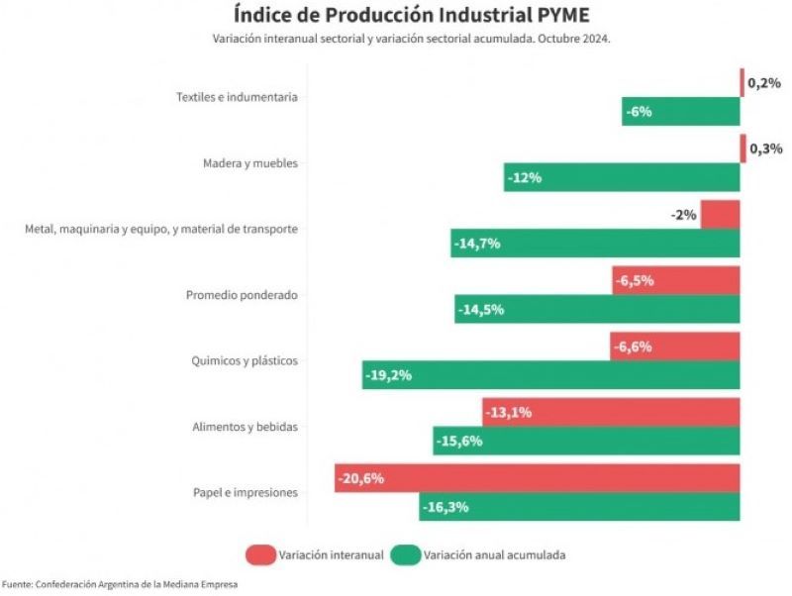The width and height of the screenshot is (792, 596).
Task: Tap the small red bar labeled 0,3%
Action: pos(742,149)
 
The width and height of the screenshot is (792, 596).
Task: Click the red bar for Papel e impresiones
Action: pos(538,478)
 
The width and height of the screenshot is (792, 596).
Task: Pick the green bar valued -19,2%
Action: pos(550,375)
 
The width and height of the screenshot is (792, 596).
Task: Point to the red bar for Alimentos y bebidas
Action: pos(611,412)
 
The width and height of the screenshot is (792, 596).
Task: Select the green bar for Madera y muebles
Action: pos(622,178)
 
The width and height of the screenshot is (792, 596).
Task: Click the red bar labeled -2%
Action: pos(720,215)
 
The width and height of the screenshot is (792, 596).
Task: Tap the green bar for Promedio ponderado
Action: pos(597,309)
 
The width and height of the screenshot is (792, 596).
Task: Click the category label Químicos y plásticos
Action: pos(245,361)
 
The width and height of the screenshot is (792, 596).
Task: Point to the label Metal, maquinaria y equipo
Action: pos(161,229)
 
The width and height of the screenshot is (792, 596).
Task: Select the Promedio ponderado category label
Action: pos(242,295)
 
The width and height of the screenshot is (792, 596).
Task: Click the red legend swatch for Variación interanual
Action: pos(259,554)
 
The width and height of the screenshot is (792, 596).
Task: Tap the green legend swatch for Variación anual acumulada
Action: pos(405,554)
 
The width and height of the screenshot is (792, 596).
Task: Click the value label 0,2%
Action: pos(764,83)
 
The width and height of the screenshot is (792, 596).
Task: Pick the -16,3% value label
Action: pos(445,507)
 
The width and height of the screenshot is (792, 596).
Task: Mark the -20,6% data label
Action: pos(360,478)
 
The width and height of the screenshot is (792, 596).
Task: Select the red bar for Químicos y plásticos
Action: pos(675,347)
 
